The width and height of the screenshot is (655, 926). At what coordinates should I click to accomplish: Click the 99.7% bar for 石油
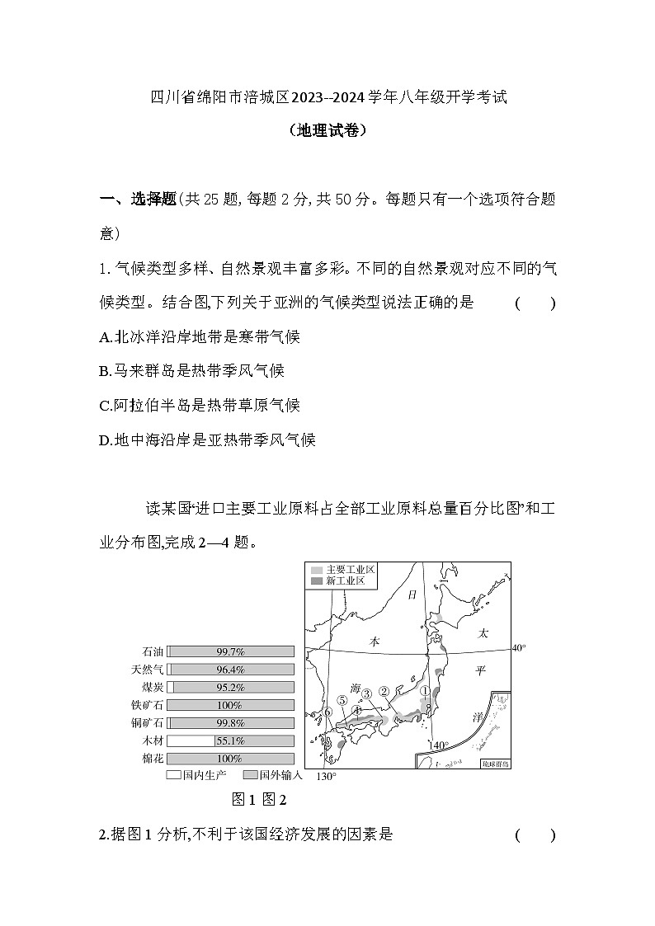(x=230, y=651)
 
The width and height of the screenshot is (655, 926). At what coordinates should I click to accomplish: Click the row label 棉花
(x=153, y=759)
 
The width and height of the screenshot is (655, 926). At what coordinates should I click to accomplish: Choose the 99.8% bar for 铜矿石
(x=230, y=722)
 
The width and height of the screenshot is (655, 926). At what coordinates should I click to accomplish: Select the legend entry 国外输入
(x=274, y=776)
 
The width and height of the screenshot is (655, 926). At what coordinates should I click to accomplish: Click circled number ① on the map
(x=425, y=692)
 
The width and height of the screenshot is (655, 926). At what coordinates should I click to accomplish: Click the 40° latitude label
(x=518, y=648)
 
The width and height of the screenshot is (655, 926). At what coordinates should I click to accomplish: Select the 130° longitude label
(x=327, y=777)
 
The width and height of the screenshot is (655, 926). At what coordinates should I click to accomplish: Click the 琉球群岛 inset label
(x=495, y=764)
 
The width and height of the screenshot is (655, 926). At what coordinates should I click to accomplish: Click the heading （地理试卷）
(x=327, y=130)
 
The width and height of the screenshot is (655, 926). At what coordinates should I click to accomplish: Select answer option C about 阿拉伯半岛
(x=199, y=405)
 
